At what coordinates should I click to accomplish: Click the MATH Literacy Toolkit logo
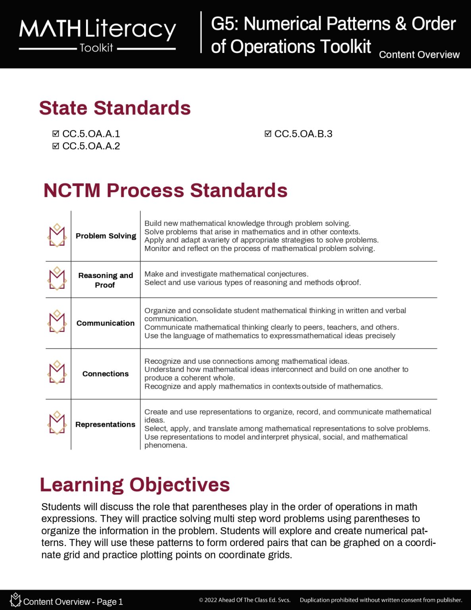[x=97, y=35]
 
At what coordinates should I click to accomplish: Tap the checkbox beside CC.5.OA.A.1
[x=56, y=134]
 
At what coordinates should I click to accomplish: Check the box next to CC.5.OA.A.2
[x=56, y=146]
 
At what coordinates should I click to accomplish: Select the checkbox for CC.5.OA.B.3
[x=268, y=134]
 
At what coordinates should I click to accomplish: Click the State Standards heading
[x=115, y=108]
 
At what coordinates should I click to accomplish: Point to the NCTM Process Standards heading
[x=165, y=190]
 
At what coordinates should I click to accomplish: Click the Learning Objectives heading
[x=135, y=485]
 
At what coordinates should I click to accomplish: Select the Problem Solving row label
[x=106, y=236]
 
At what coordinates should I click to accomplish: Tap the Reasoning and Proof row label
[x=106, y=280]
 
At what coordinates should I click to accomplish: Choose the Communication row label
[x=106, y=323]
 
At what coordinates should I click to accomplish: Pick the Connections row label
[x=106, y=374]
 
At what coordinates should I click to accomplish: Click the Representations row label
[x=106, y=425]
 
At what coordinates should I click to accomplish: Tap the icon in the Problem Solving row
[x=57, y=235]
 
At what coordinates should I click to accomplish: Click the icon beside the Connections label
[x=57, y=373]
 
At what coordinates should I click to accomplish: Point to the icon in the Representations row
[x=57, y=423]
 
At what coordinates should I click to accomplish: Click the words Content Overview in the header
[x=419, y=55]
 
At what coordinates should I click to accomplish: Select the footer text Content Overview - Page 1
[x=73, y=602]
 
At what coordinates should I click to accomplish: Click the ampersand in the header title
[x=401, y=24]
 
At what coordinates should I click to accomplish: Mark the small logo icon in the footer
[x=15, y=600]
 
